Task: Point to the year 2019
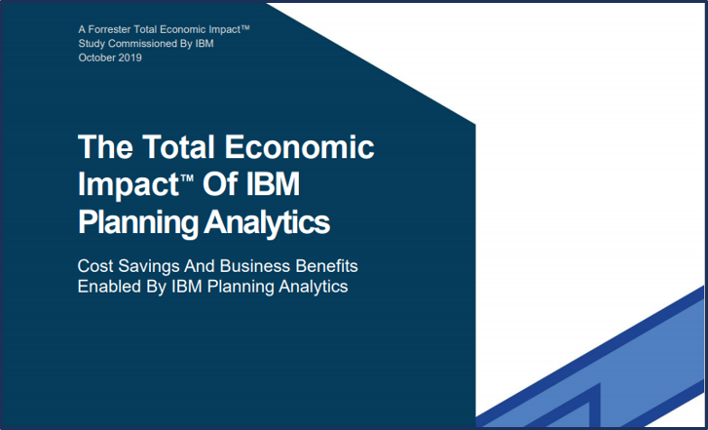130,58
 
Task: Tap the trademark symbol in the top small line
244,28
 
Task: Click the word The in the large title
105,146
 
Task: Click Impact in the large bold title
130,186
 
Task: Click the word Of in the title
217,184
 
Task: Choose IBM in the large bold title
271,184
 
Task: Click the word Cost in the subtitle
95,266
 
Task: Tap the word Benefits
326,266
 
